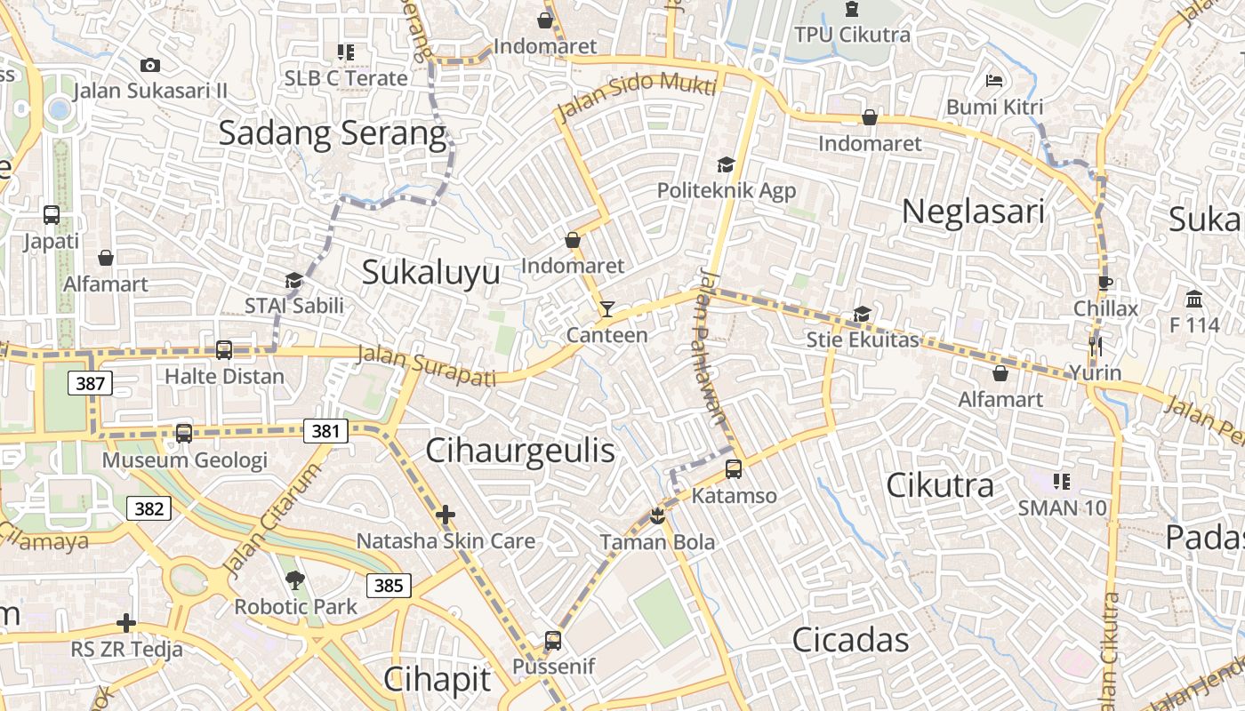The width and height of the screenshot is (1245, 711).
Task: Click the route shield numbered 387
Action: [90, 384]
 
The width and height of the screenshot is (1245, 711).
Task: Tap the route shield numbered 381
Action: [325, 431]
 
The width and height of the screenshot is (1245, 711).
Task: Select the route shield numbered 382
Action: [149, 508]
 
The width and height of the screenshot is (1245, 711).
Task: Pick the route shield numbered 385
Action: [389, 585]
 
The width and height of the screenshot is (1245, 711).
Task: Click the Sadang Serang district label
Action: [332, 133]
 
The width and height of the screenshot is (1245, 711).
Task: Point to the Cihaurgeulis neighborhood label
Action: [520, 451]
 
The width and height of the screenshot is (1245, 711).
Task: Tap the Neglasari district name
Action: [973, 212]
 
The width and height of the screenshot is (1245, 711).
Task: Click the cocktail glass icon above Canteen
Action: [607, 309]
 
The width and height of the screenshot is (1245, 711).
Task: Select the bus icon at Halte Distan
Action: [224, 350]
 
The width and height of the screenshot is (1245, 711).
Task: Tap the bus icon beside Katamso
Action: [734, 469]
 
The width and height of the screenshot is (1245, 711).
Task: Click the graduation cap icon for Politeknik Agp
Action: [727, 164]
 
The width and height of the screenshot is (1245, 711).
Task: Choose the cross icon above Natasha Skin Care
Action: [446, 515]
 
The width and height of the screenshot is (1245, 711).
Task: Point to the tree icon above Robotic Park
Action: [294, 580]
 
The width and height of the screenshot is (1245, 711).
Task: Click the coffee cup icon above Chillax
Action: [1105, 283]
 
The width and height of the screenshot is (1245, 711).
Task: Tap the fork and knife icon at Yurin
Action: [1096, 346]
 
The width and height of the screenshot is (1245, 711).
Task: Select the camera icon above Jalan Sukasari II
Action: [150, 65]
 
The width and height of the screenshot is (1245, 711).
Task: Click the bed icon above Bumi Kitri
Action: [994, 81]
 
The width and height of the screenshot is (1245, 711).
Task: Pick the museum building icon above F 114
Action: [1194, 299]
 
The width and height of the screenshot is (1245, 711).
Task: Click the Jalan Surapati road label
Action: [426, 366]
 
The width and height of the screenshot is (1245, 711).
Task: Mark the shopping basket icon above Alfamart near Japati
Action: [106, 258]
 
